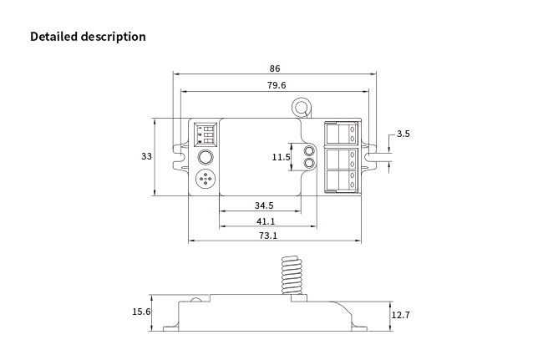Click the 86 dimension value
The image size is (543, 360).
(x=275, y=68)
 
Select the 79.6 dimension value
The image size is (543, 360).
(x=277, y=85)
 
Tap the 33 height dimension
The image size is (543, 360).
(x=146, y=156)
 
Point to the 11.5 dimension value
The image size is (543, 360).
(x=281, y=157)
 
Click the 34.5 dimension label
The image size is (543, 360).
(x=264, y=205)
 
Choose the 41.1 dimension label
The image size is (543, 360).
(x=266, y=221)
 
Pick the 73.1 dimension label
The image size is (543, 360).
(x=268, y=236)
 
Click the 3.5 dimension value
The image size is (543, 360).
(x=403, y=134)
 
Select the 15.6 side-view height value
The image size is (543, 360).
(x=141, y=312)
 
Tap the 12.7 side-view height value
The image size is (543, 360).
(x=400, y=315)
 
